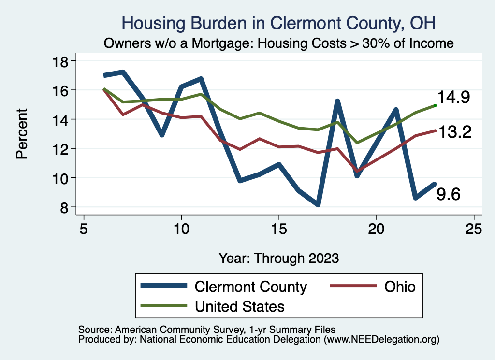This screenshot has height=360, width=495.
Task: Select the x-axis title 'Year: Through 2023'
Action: pyautogui.click(x=278, y=258)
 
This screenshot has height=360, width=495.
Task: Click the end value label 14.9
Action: pyautogui.click(x=454, y=98)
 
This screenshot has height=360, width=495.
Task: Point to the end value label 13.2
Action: pyautogui.click(x=455, y=131)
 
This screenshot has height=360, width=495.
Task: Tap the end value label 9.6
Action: pyautogui.click(x=449, y=194)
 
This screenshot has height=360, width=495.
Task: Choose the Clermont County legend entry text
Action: pyautogui.click(x=250, y=287)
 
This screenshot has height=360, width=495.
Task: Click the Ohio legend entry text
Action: pyautogui.click(x=400, y=287)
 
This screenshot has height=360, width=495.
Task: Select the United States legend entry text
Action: pyautogui.click(x=239, y=306)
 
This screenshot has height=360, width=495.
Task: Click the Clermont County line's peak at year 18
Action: pyautogui.click(x=337, y=101)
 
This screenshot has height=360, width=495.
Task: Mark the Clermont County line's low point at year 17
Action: pyautogui.click(x=318, y=204)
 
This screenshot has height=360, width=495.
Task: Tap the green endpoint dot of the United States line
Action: pyautogui.click(x=435, y=105)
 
